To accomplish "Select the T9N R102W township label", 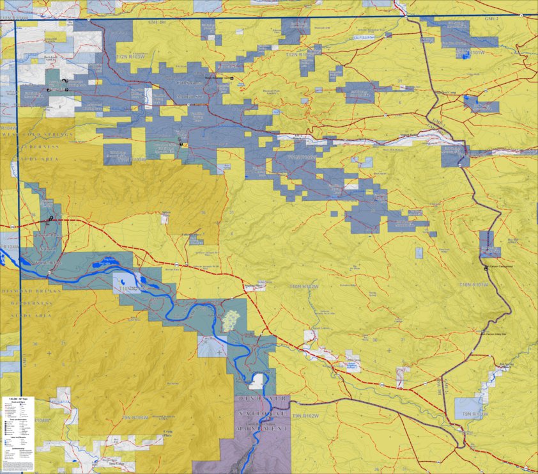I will point(305,416).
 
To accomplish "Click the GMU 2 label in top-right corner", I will point(493,19).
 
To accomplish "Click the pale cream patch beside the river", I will point(230,320).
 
